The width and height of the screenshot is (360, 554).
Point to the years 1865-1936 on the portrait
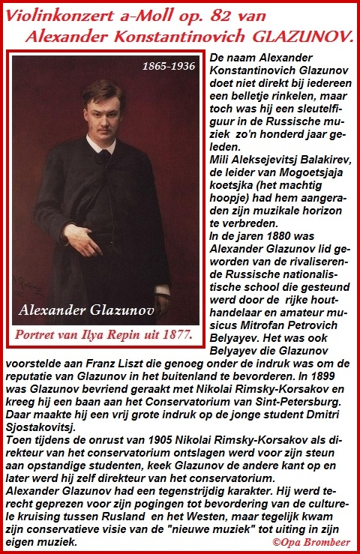coord(168,66)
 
